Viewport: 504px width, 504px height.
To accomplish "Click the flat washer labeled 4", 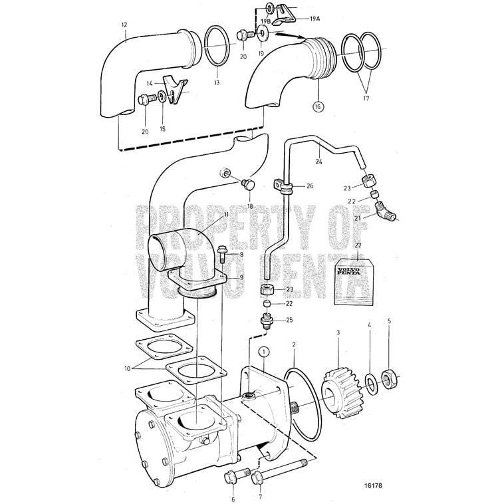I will coord(371,382).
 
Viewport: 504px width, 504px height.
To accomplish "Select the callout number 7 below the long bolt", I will coord(259,497).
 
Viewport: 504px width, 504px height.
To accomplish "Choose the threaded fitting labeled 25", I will coord(267,322).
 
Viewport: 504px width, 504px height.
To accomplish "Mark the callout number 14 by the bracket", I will coord(151,84).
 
